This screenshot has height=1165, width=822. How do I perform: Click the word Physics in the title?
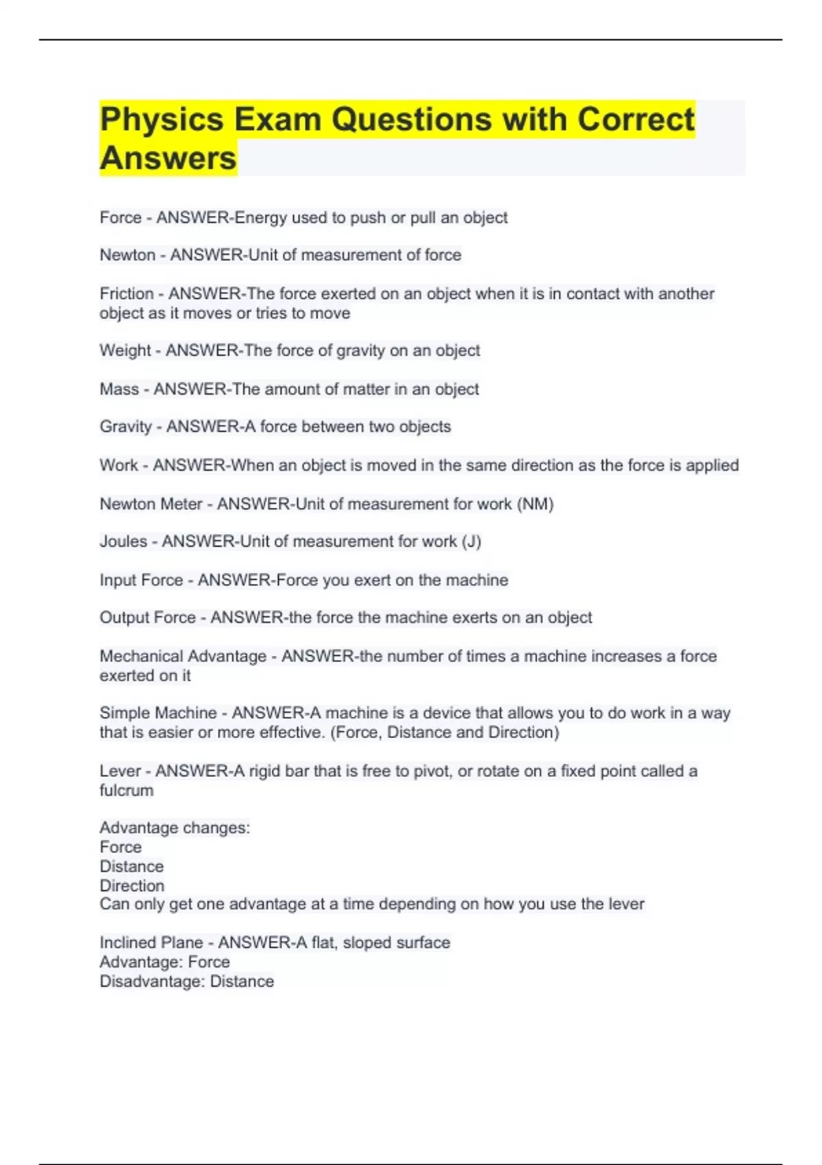[x=161, y=120]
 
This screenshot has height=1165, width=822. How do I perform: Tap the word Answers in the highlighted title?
[x=168, y=158]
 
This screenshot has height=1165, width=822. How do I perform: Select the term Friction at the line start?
[x=127, y=294]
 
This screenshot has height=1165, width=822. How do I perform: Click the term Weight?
[x=125, y=351]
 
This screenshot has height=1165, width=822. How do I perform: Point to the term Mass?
[x=119, y=389]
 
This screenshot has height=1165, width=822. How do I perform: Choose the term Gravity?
[x=125, y=427]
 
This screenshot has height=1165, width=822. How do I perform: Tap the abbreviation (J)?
[x=471, y=541]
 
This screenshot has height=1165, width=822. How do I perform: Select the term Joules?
[x=123, y=541]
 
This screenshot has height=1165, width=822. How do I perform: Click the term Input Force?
[x=141, y=580]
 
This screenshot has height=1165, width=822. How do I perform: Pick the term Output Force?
[x=147, y=617]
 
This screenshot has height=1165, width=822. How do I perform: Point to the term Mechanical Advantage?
[x=183, y=657]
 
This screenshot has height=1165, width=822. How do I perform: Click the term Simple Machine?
[x=158, y=713]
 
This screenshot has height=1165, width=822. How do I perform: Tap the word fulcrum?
[x=127, y=791]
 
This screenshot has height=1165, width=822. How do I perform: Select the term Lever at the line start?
[x=120, y=772]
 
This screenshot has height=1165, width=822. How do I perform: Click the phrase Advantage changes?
[x=175, y=828]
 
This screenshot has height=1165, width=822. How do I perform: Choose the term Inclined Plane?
[x=151, y=943]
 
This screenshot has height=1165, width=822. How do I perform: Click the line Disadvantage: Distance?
[x=186, y=981]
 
